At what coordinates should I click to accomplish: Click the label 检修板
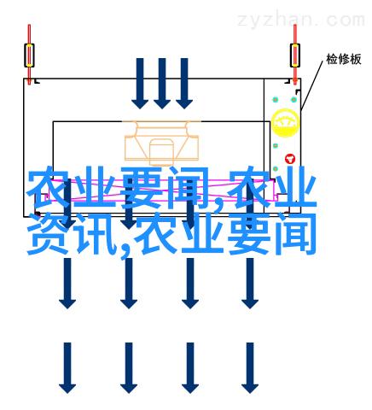[344, 59]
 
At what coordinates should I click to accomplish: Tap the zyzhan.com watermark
[301, 20]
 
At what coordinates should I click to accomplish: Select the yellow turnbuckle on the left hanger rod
[29, 56]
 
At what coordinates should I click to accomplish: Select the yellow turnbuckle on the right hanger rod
[295, 56]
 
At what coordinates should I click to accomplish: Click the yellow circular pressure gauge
[285, 123]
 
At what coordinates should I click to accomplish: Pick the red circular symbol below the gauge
[290, 159]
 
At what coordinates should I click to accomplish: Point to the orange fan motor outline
[161, 143]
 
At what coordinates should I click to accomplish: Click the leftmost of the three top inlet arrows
[140, 84]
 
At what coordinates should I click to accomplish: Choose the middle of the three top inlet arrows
[162, 84]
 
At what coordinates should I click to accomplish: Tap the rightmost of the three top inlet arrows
[184, 84]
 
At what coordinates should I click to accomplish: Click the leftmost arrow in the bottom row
[67, 368]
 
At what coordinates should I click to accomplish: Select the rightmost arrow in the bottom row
[250, 368]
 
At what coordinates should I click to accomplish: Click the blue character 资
[48, 233]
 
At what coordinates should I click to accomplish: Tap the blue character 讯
[96, 233]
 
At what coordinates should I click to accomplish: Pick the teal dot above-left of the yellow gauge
[276, 100]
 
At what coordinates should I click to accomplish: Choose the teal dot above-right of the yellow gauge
[294, 100]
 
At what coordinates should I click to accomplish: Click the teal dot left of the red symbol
[276, 146]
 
